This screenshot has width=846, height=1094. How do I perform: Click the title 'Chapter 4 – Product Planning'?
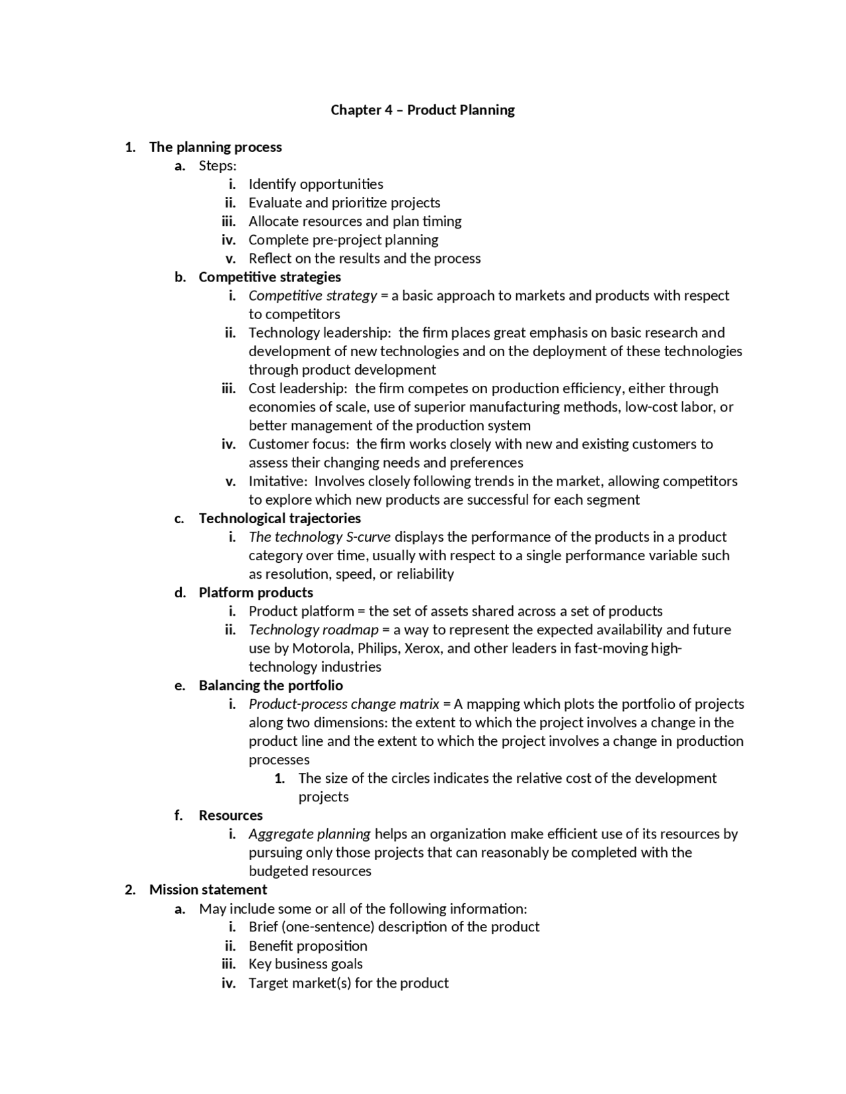[x=422, y=110]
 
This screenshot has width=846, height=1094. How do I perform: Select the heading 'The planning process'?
[x=215, y=147]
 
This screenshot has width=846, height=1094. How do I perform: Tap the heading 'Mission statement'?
[x=208, y=889]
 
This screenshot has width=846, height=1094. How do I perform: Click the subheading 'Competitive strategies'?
[x=270, y=277]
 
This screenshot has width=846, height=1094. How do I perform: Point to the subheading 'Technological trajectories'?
[x=280, y=518]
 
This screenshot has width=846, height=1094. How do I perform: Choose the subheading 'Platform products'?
[x=256, y=593]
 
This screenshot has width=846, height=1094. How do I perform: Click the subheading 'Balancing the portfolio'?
[x=271, y=685]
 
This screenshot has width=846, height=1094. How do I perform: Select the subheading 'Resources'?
[x=231, y=815]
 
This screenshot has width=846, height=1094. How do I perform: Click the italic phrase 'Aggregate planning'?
[x=309, y=834]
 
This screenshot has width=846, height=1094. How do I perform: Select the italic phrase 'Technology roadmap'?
[x=313, y=630]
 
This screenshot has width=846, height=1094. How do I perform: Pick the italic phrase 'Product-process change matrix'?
[x=344, y=704]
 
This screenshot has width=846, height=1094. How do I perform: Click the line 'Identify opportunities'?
[x=316, y=184]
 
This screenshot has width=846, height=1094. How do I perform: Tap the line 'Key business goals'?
[x=305, y=964]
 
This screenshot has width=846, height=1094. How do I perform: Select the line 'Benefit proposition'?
[x=308, y=945]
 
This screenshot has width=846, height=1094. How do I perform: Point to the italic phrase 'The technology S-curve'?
[x=319, y=536]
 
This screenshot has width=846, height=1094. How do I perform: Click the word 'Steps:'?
[x=217, y=165]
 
